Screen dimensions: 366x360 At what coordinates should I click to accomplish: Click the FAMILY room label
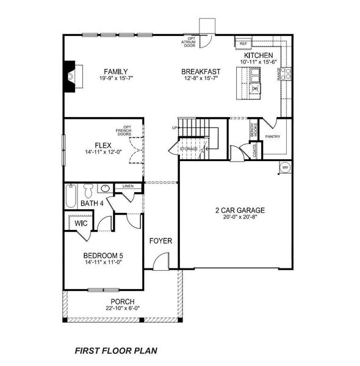115,71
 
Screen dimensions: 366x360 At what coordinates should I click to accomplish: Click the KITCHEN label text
259,55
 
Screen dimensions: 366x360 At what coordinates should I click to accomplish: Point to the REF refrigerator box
243,44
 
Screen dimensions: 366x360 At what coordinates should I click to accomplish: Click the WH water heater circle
285,168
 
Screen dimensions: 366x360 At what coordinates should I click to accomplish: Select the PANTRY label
273,137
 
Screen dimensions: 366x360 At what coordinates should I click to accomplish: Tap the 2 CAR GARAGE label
239,210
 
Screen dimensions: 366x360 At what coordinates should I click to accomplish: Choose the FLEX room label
102,145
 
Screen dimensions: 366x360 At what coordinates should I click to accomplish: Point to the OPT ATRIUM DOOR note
190,41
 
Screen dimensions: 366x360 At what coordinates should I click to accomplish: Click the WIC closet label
81,224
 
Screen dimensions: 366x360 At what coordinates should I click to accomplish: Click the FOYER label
161,241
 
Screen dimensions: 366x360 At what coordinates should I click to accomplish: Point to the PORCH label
122,302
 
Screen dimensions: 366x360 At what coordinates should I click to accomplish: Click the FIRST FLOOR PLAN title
115,351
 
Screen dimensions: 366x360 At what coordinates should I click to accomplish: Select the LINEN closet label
128,185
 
